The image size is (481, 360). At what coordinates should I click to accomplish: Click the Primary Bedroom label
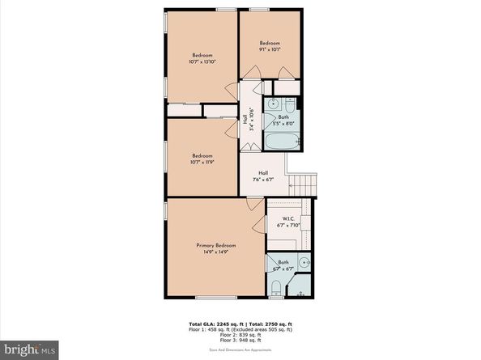coord(215,244)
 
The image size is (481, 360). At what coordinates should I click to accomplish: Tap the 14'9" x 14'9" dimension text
coord(215,252)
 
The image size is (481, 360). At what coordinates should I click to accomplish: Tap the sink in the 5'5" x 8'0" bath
coord(275,104)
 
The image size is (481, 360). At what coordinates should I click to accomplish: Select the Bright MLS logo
coord(29,349)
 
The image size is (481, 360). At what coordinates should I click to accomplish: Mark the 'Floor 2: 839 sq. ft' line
coord(240,336)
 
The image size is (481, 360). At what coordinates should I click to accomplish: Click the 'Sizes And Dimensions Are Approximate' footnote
coord(240,349)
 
